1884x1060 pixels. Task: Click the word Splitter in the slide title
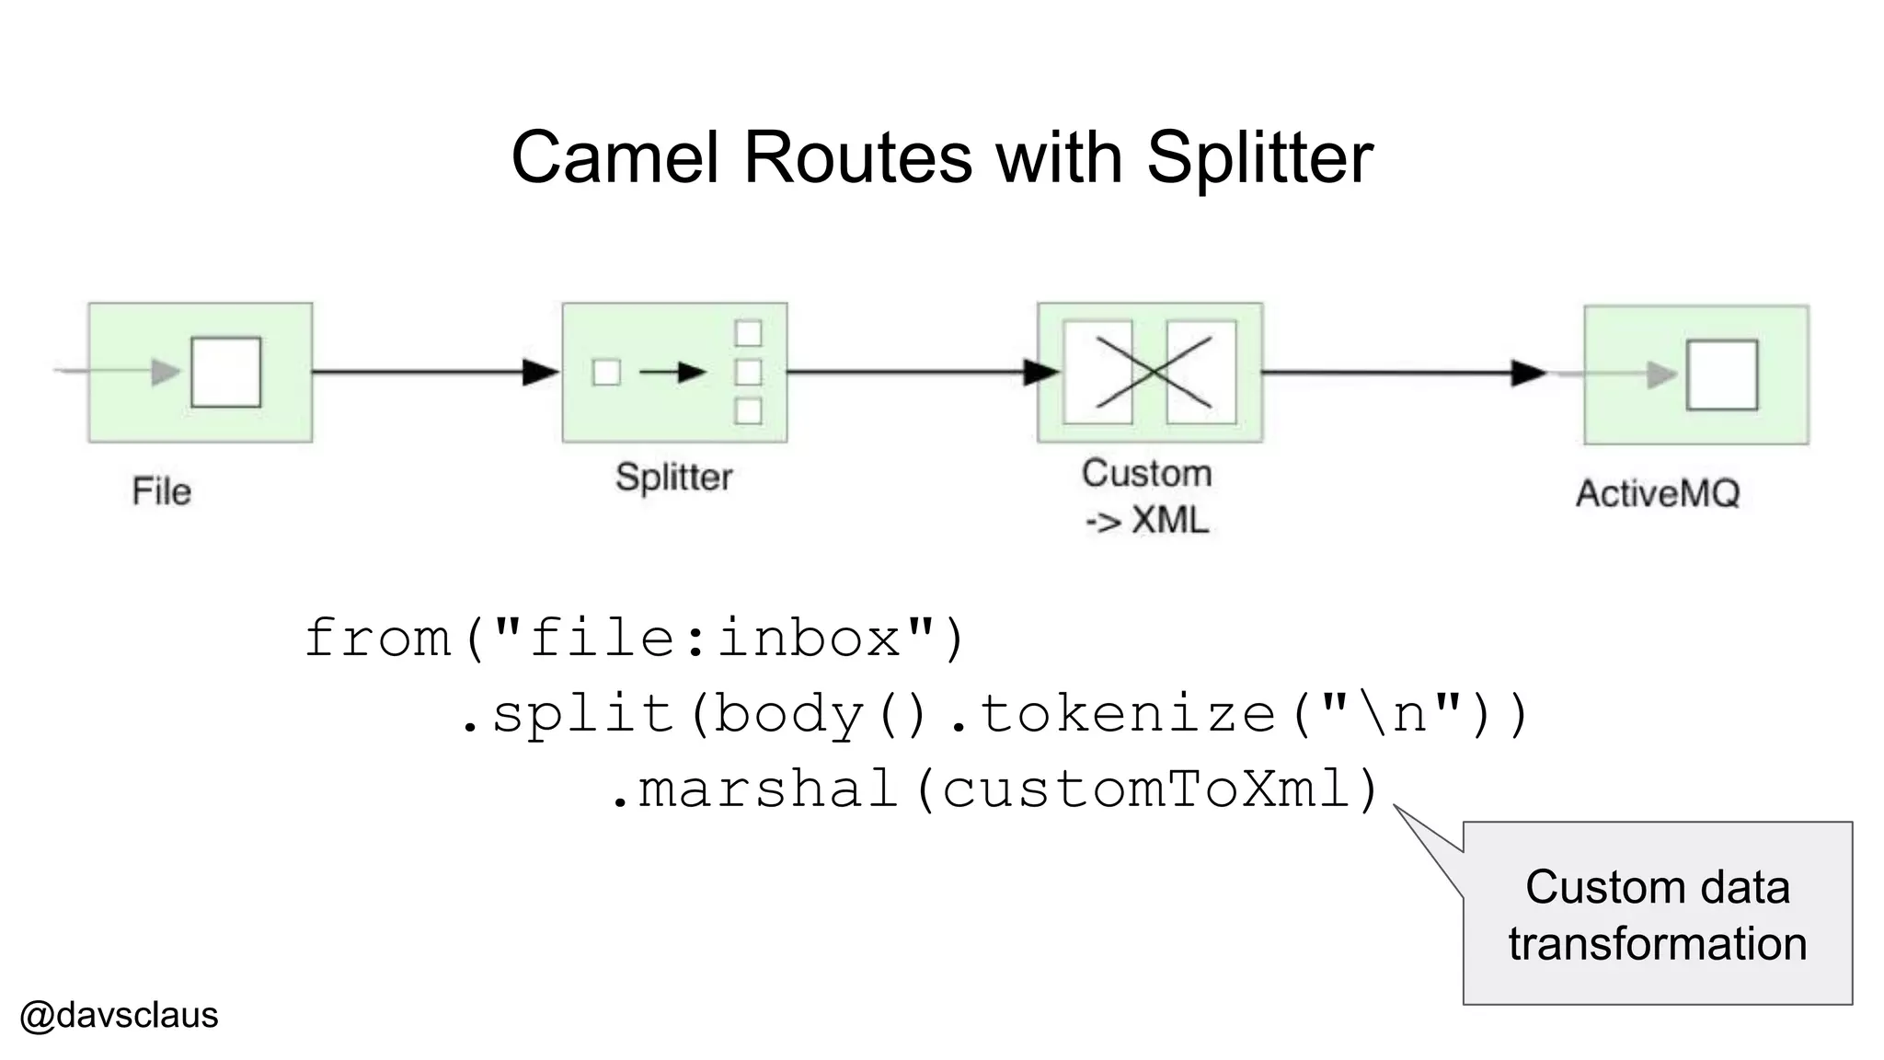1259,158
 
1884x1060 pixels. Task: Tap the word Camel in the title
614,158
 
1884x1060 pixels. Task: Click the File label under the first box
161,491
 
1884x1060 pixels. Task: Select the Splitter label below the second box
673,478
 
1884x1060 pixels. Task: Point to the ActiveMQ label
1657,494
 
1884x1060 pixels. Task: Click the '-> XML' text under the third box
1146,521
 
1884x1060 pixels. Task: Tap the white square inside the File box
225,372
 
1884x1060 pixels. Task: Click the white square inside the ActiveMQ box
1721,374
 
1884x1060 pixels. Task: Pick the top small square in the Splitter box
748,333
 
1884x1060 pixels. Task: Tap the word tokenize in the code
1128,714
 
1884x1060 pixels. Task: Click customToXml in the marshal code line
1145,789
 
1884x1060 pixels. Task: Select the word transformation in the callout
1657,944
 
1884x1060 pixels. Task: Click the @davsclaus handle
119,1016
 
